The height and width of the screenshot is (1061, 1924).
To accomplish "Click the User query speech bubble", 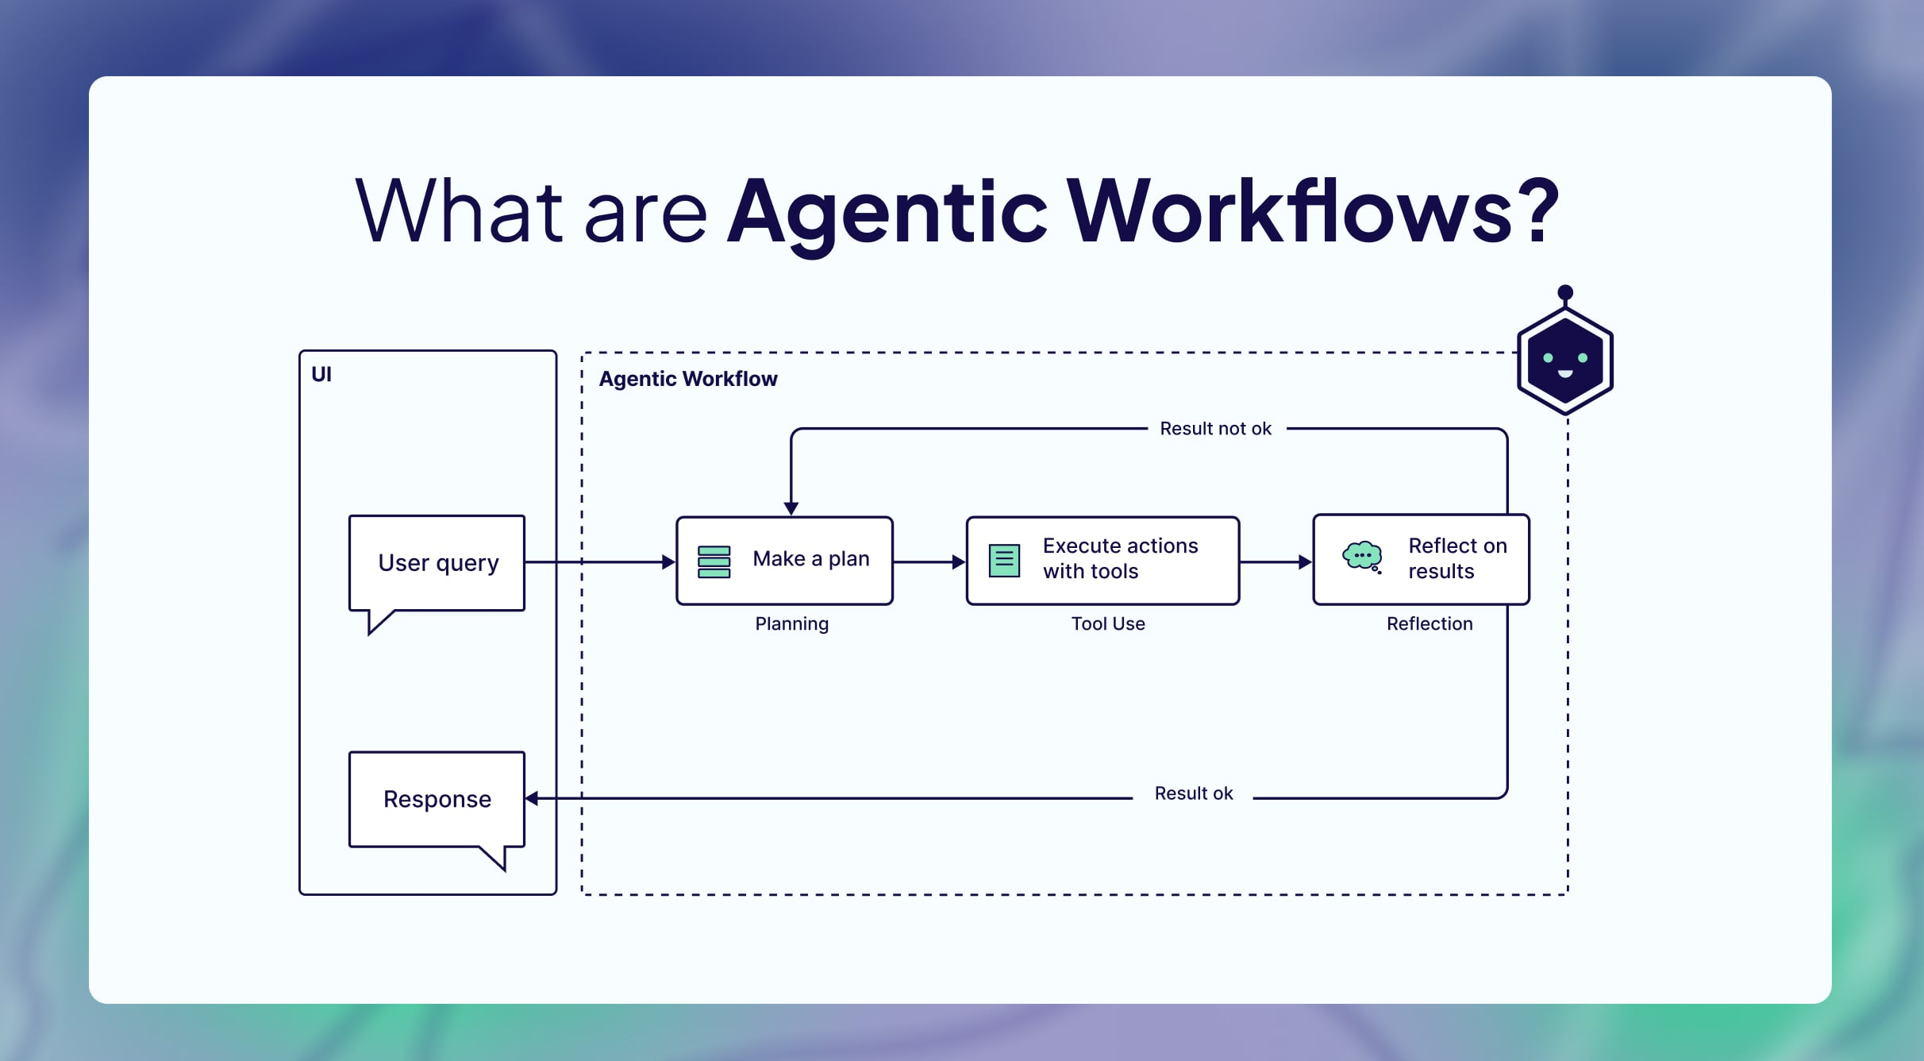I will pos(437,563).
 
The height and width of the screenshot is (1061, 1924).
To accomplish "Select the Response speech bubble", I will pos(437,799).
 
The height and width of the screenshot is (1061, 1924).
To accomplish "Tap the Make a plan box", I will pos(784,561).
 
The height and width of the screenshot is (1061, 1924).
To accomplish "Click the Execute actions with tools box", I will pos(1102,561).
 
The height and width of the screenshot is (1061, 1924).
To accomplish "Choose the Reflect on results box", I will pos(1421,560).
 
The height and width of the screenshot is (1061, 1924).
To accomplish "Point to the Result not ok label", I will pos(1215,429).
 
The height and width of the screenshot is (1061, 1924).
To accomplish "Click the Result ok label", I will pos(1193,793).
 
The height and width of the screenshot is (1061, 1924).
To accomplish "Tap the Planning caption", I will pos(791,624).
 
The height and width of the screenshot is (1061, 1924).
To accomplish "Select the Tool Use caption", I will pos(1108,624).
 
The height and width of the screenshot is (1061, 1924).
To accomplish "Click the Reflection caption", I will pos(1429,624).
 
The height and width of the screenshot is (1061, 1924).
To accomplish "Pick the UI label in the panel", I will pos(321,374).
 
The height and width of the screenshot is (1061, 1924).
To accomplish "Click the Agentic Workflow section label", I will pos(687,379).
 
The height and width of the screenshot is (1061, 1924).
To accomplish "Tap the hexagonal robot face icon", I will pos(1564,361).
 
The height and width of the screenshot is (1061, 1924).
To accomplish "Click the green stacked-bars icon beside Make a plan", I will pos(714,561).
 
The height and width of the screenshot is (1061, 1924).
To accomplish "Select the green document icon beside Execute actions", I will pos(1004,561).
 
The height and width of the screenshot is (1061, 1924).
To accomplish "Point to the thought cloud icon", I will pos(1362,556).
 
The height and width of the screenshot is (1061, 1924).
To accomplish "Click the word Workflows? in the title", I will pos(1313,211).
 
